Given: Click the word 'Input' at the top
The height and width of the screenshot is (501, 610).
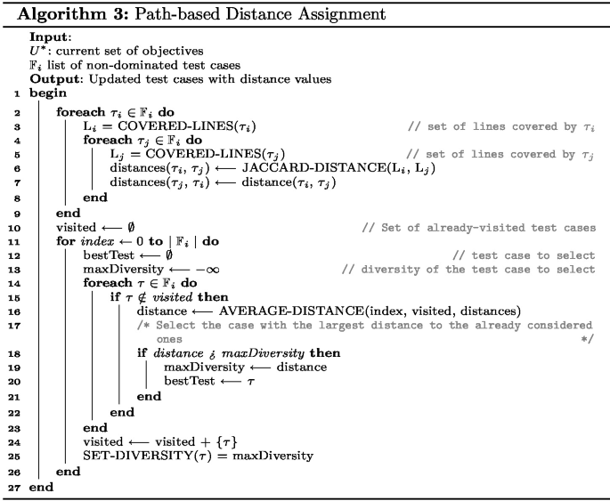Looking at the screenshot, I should (46, 36).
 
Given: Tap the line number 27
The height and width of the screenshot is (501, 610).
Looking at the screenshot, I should (12, 489).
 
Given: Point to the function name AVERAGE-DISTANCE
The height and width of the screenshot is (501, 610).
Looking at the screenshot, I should (284, 311).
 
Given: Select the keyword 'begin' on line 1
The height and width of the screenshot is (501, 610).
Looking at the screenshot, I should (46, 93).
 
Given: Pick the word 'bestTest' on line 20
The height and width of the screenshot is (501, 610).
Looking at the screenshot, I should (188, 381).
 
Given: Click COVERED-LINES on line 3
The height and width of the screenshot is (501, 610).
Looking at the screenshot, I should (153, 126).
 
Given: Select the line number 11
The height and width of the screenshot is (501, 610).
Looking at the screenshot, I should (12, 240).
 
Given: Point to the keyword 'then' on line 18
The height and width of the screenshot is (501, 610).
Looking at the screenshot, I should (324, 353).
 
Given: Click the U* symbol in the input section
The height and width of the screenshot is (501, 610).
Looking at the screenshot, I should (37, 50).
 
